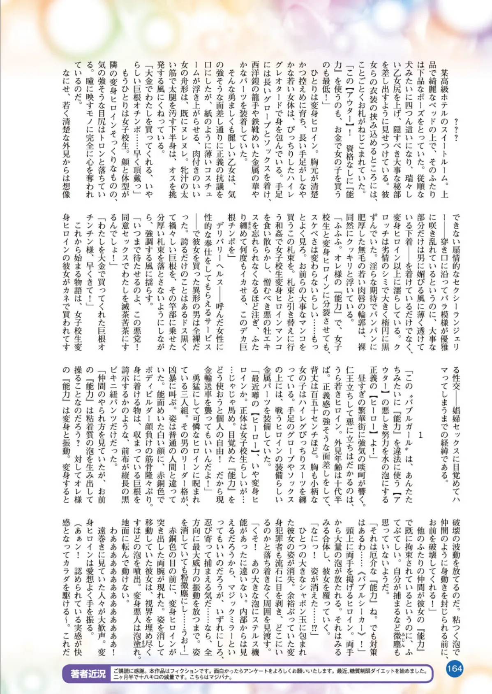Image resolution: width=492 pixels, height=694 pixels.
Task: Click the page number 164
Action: tap(454, 668)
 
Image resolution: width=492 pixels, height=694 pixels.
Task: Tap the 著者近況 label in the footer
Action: tap(88, 674)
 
